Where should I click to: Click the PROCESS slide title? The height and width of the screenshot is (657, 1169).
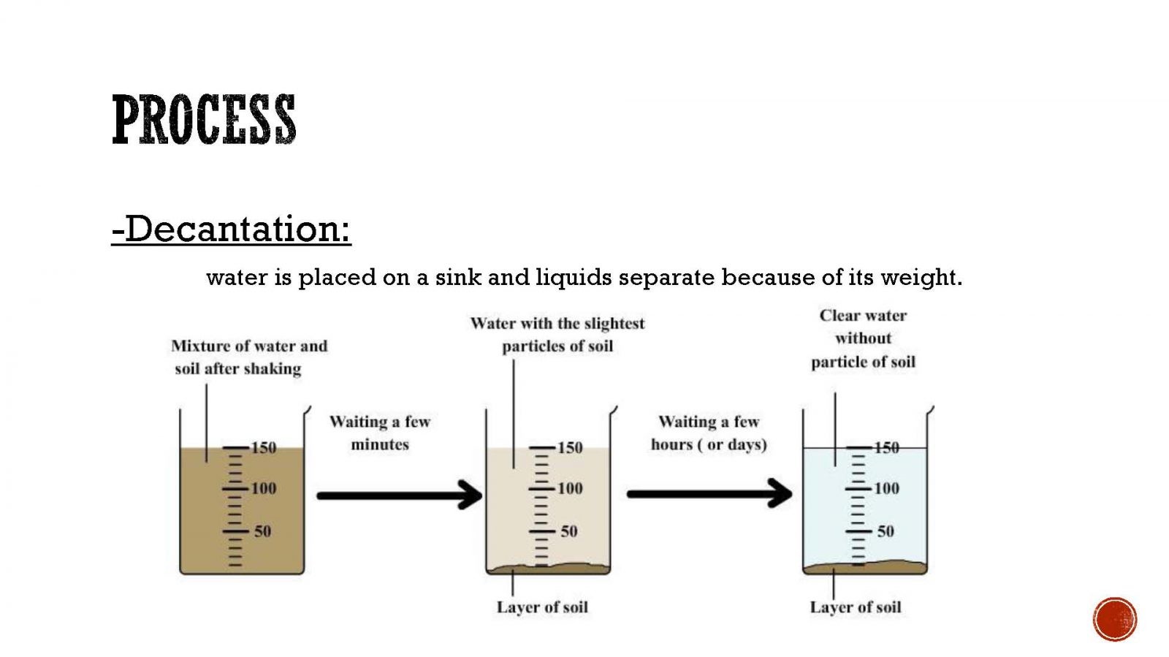204,119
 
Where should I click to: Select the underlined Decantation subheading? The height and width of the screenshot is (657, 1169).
231,229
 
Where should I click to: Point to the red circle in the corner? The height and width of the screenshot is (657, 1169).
1115,620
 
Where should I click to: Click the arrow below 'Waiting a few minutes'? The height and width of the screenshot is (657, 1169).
400,495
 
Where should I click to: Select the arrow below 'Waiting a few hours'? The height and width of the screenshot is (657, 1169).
709,493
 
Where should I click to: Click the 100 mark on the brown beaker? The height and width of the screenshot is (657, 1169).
264,488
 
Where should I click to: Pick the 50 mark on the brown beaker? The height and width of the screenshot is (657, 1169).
263,531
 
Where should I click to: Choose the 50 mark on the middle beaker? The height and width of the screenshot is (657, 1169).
569,531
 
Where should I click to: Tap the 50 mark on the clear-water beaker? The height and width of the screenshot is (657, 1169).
886,531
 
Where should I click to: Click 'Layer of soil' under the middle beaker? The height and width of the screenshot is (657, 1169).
542,607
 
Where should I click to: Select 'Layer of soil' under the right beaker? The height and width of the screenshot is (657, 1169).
856,607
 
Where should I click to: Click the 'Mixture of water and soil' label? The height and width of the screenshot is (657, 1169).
249,357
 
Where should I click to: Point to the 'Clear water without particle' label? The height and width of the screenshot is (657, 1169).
863,338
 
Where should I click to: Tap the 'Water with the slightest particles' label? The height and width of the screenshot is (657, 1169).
557,335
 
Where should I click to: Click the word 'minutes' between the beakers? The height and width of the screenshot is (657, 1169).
380,444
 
